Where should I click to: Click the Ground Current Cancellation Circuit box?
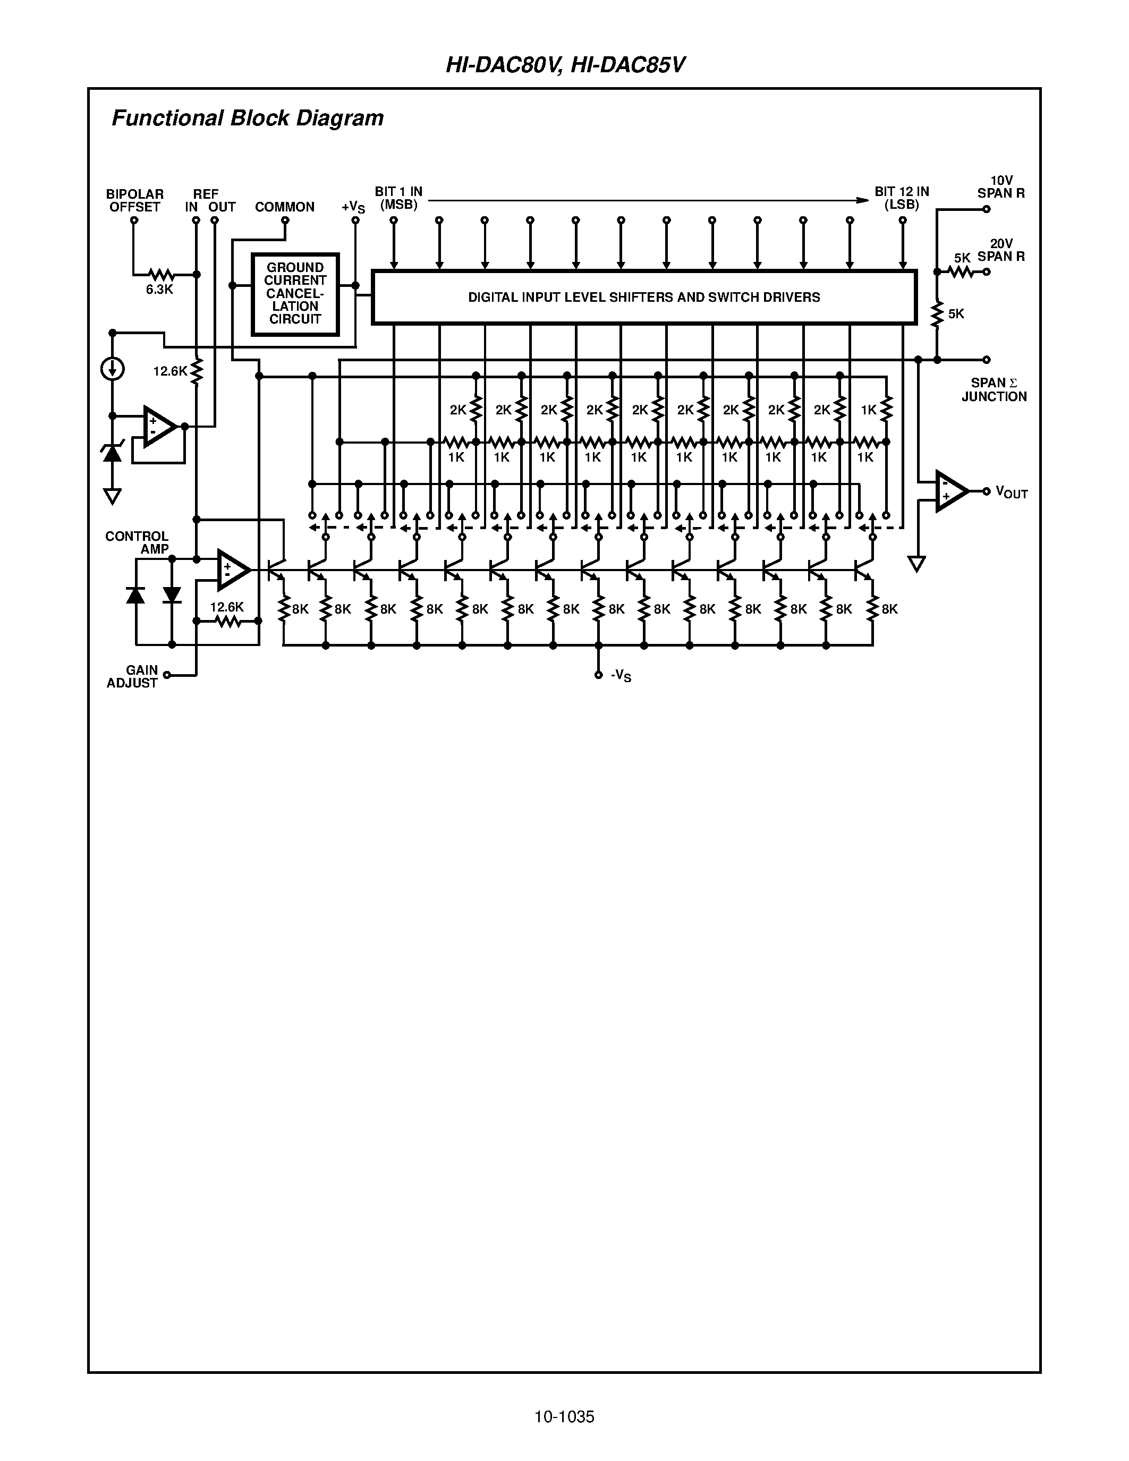[295, 294]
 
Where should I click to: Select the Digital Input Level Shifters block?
[643, 297]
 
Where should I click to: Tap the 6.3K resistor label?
[159, 290]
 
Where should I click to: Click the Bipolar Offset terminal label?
[134, 201]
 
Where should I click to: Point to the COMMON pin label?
[284, 207]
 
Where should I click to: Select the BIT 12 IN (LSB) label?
[902, 198]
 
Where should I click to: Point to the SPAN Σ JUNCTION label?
[994, 389]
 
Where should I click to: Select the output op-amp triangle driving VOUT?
[950, 491]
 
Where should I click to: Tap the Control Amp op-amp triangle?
[232, 570]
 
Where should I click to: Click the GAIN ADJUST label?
[132, 676]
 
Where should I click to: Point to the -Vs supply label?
[621, 676]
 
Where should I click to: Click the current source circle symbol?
[112, 369]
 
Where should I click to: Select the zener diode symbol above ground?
[112, 453]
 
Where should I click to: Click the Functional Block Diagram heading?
[248, 118]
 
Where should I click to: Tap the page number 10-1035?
[564, 1416]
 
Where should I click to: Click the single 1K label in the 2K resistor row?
[868, 410]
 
